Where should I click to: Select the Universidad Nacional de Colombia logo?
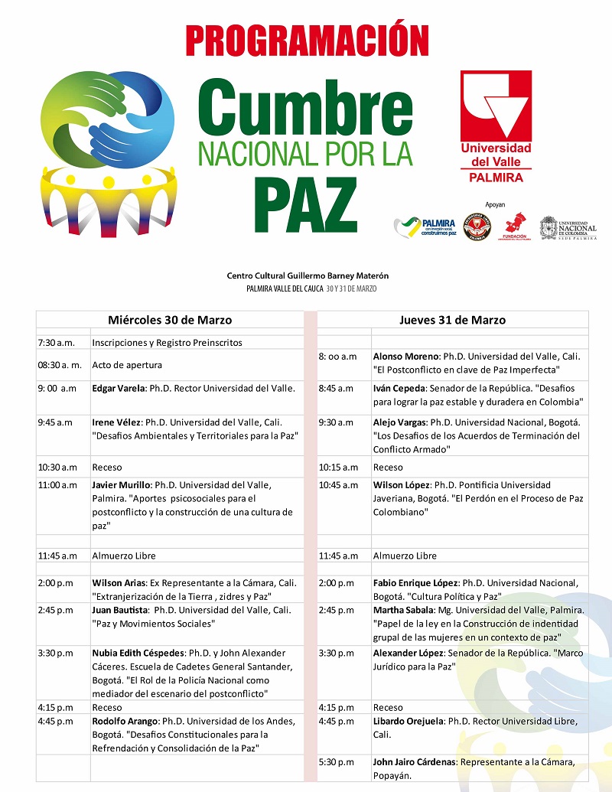tap(568, 227)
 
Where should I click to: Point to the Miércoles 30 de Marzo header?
tap(170, 320)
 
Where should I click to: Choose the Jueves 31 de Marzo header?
tap(452, 320)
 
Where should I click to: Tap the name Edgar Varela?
tap(118, 388)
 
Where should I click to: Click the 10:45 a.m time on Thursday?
tap(338, 484)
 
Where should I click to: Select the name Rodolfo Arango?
tap(125, 721)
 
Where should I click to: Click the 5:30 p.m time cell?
tap(337, 761)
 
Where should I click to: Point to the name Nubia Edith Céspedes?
tap(139, 653)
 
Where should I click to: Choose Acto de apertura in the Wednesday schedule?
tap(127, 365)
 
